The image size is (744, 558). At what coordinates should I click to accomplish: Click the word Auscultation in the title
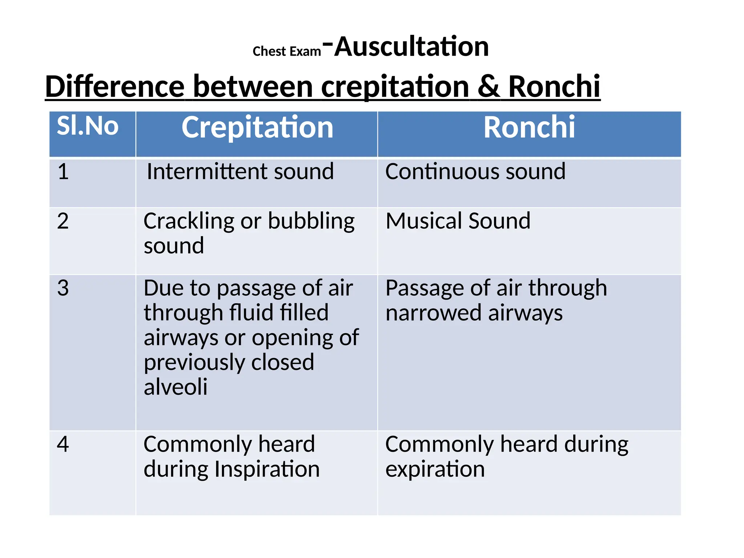(x=411, y=47)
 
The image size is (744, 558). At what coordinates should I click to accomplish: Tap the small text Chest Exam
(x=287, y=52)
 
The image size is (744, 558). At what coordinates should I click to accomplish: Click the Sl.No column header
(x=88, y=126)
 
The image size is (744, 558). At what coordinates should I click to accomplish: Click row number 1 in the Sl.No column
(x=63, y=171)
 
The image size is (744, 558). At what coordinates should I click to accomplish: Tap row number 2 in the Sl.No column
(x=63, y=221)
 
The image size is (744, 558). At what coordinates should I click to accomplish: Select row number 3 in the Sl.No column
(x=63, y=288)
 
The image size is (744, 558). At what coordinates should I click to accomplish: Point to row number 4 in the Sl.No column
(x=63, y=444)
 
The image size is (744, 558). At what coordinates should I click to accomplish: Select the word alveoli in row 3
(x=175, y=387)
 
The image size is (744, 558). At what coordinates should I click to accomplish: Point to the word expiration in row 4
(x=435, y=470)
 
